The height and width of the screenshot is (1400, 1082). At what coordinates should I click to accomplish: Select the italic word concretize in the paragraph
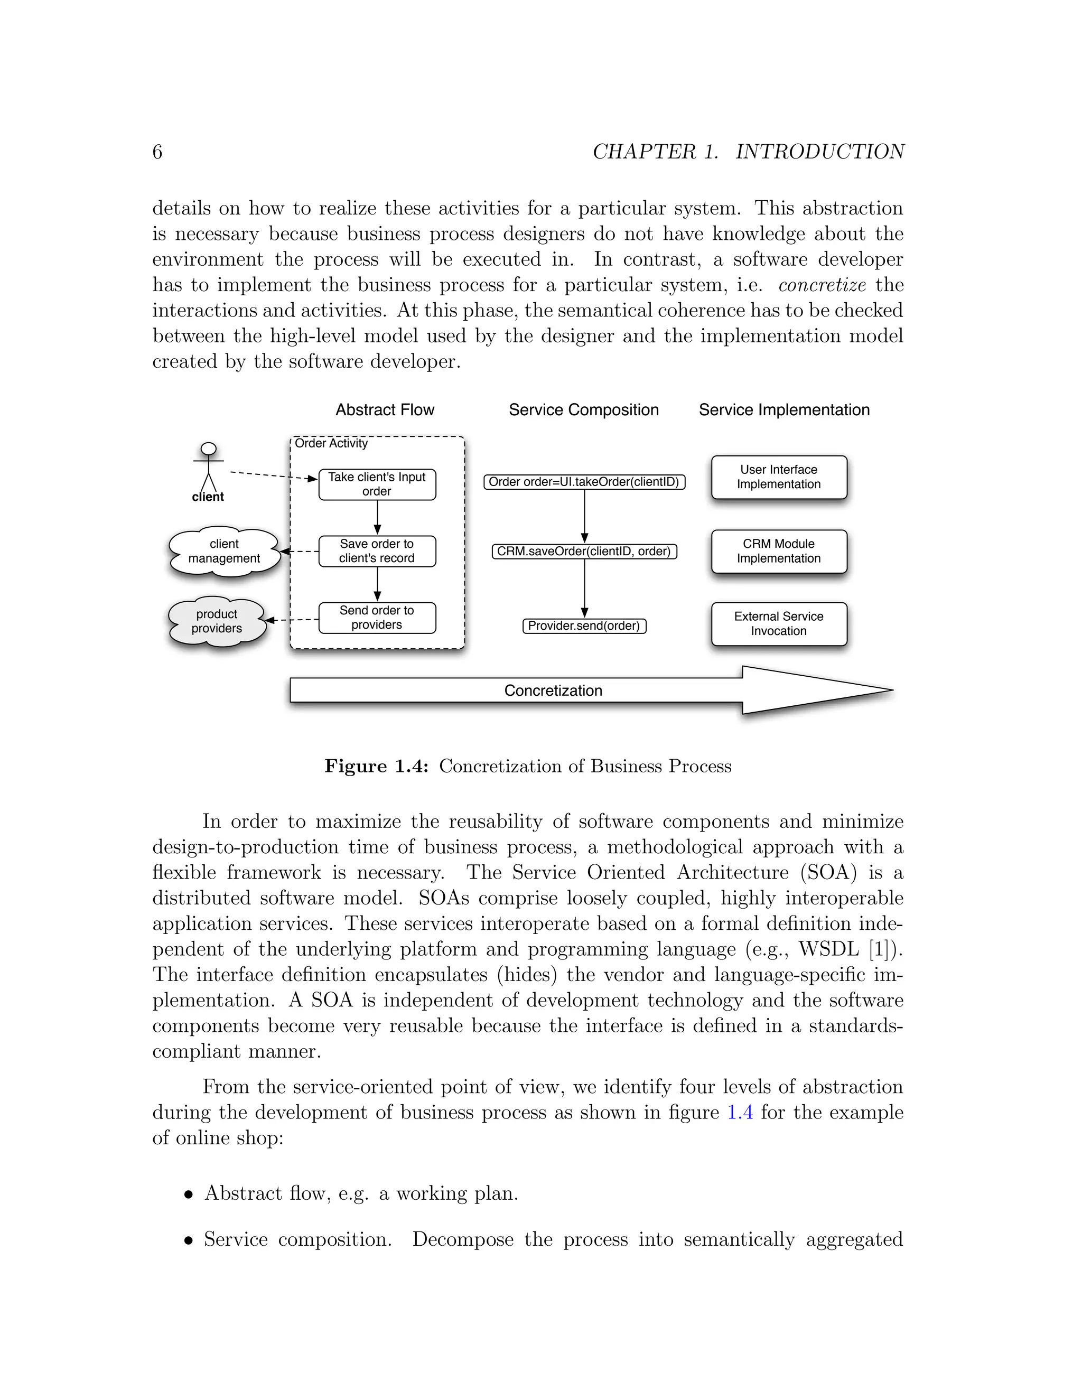pos(822,285)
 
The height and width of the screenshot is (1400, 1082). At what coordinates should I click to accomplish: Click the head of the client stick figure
pos(208,449)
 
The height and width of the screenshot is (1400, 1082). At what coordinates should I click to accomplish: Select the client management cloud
pos(223,551)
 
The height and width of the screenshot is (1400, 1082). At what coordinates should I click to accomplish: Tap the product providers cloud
pos(217,621)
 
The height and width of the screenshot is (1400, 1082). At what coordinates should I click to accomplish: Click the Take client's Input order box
pos(377,484)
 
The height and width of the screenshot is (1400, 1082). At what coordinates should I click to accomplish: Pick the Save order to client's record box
pos(377,551)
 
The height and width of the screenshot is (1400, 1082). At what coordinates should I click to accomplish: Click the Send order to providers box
pos(377,618)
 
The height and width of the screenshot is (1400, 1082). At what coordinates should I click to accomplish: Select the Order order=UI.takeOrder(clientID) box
pos(584,482)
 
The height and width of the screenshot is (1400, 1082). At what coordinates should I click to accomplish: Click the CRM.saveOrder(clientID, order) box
pos(584,551)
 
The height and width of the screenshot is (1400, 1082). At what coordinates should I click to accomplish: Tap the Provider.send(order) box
pos(584,626)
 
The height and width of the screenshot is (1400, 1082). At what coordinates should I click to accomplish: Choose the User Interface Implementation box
pos(778,477)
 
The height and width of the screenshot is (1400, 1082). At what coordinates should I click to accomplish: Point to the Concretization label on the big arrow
pos(553,690)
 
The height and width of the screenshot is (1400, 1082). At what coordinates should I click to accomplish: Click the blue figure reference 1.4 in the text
pos(740,1112)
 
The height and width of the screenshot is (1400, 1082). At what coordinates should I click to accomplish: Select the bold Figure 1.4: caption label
pos(376,766)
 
